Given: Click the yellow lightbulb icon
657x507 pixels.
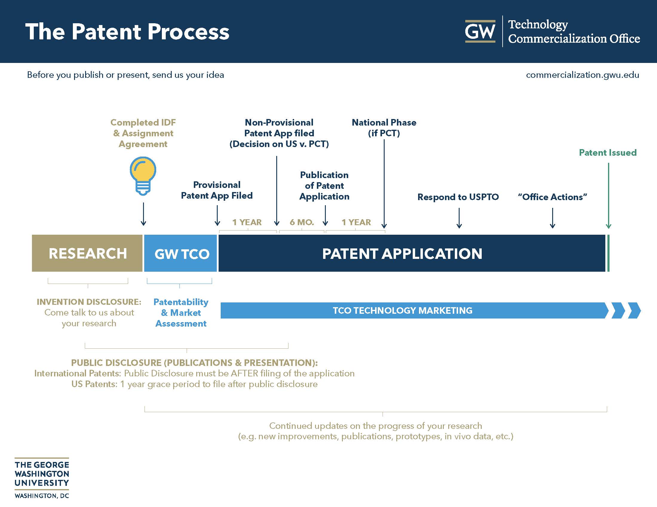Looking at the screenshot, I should coord(143,175).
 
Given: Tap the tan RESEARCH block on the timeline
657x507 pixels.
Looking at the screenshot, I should coord(87,253).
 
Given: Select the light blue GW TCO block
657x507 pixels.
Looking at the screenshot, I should coord(181,253).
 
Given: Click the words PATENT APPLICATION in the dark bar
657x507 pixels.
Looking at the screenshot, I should coord(402,253).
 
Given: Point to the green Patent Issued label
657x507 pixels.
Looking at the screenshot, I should coord(607,153).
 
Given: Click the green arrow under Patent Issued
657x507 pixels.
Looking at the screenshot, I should coord(608,195).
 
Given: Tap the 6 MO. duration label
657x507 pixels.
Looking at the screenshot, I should coord(302,222).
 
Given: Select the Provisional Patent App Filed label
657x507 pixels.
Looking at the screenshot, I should coord(217,190).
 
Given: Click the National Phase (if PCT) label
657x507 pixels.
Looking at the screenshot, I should coord(384,128).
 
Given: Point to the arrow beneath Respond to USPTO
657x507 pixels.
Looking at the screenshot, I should coord(459,218).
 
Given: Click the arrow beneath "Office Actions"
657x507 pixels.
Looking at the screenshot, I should coord(552,218).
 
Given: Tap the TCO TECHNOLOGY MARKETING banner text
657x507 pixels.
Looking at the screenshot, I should coord(402,310).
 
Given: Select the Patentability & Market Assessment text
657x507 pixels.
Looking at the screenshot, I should coord(181,313).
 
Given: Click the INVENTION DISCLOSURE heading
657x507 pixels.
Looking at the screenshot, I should coord(89,302).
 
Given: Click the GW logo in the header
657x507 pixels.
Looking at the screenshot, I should coord(480,31).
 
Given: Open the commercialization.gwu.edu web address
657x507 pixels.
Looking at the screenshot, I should coord(582,75).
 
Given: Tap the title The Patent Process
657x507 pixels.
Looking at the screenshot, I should coord(127,32).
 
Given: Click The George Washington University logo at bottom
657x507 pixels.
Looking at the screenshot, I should coord(42,478).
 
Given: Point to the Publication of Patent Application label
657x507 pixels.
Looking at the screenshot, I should coord(324,186).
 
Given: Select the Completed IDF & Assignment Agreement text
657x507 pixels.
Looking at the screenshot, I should coord(143,133).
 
